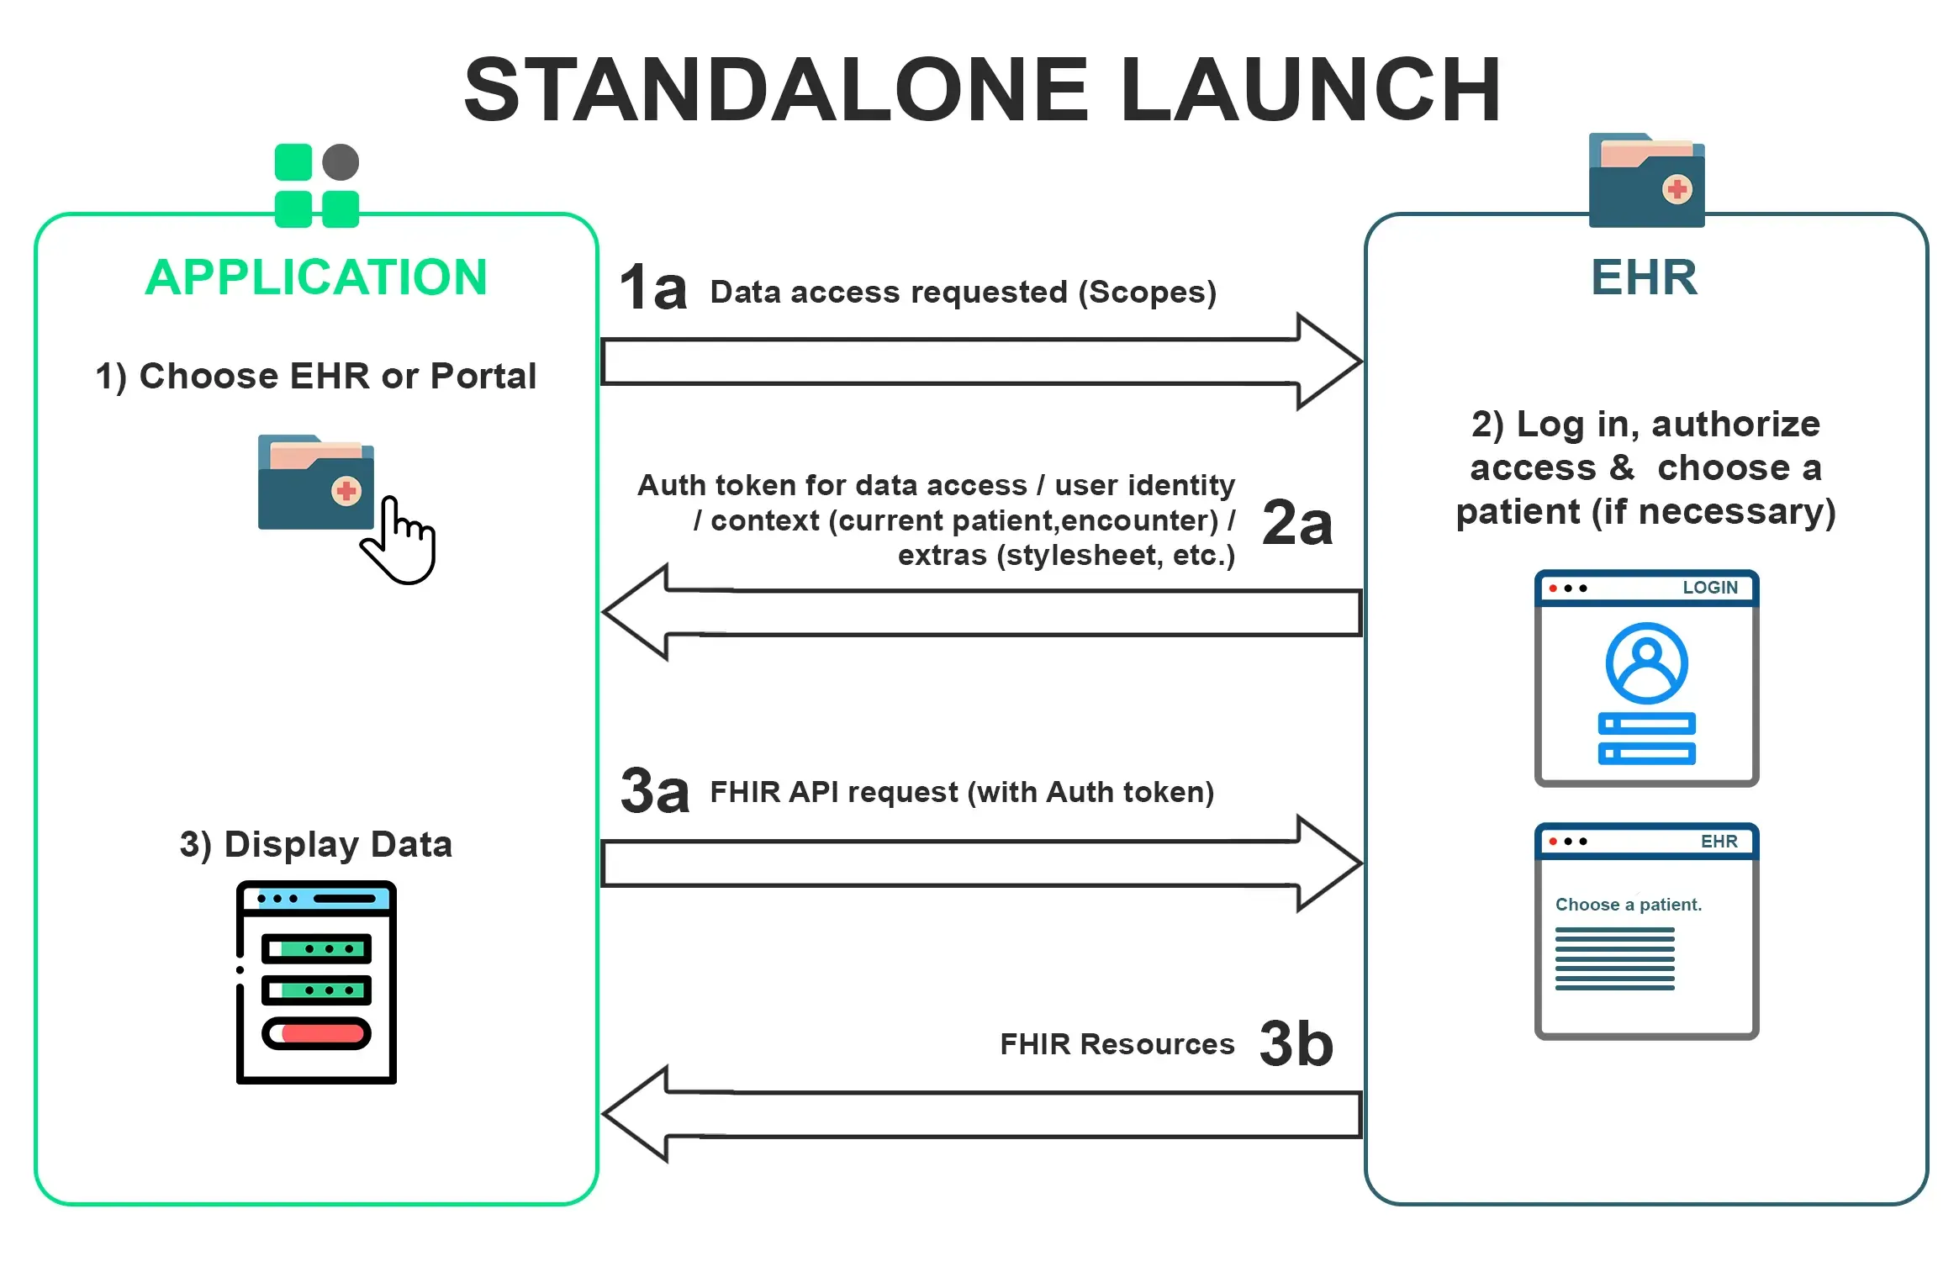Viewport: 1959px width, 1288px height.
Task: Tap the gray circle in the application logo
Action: pyautogui.click(x=341, y=162)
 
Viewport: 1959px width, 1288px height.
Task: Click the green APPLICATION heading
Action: pyautogui.click(x=316, y=277)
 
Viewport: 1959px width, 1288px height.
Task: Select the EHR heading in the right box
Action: pyautogui.click(x=1645, y=277)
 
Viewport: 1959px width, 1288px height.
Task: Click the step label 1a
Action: pyautogui.click(x=653, y=288)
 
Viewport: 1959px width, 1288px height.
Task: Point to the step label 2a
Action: pyautogui.click(x=1297, y=523)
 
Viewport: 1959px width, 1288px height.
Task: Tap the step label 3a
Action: pyautogui.click(x=655, y=791)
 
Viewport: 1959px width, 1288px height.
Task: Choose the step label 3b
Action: pyautogui.click(x=1296, y=1043)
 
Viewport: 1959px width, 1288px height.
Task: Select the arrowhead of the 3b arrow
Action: pyautogui.click(x=636, y=1114)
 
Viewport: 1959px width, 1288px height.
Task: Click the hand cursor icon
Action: pyautogui.click(x=402, y=542)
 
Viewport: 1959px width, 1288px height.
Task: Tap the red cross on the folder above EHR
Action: pyautogui.click(x=1677, y=189)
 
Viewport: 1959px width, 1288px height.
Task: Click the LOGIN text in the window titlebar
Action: pyautogui.click(x=1709, y=588)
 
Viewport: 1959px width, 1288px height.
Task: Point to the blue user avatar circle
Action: pyautogui.click(x=1646, y=663)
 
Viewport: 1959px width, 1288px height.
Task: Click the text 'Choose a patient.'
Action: pyautogui.click(x=1628, y=905)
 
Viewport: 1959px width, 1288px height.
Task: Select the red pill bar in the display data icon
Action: pyautogui.click(x=318, y=1033)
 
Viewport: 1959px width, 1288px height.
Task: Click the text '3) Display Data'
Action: pyautogui.click(x=316, y=844)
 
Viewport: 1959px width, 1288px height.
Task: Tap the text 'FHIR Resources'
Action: pyautogui.click(x=1117, y=1044)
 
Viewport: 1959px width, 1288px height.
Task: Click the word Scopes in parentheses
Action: pyautogui.click(x=1147, y=292)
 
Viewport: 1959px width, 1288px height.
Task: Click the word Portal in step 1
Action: pyautogui.click(x=483, y=376)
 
